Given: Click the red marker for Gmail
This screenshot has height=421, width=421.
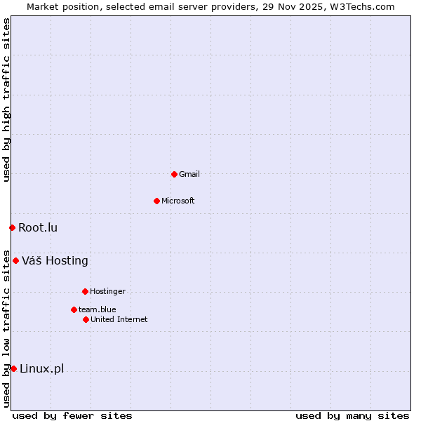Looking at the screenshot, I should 174,174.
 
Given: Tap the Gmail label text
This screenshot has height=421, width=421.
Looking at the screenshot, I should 189,174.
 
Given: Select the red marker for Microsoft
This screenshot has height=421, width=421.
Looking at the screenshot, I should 156,201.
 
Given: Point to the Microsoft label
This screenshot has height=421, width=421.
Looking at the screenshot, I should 178,201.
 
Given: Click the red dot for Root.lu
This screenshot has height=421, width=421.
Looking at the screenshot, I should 12,227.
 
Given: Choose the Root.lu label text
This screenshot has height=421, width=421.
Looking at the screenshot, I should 38,227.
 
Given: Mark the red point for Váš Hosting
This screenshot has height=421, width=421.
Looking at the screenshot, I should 15,260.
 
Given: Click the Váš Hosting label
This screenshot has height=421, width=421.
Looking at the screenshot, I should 55,261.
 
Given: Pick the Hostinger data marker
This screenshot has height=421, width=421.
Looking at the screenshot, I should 85,291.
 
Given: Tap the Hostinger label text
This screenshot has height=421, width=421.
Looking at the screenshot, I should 107,291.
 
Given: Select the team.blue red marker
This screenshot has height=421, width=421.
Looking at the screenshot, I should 74,309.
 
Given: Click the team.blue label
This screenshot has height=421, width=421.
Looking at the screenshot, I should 98,309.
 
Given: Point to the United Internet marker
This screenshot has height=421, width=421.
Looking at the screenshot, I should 86,319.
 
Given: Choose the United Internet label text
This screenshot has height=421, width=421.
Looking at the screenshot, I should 119,319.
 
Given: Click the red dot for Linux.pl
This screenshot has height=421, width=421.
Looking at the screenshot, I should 13,368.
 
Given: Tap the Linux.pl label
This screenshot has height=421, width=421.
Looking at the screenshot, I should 41,369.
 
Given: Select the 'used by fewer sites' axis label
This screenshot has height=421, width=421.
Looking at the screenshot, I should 72,415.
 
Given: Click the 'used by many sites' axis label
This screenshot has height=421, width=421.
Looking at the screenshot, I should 352,415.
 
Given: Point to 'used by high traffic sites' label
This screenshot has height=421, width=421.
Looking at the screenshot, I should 7,100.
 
